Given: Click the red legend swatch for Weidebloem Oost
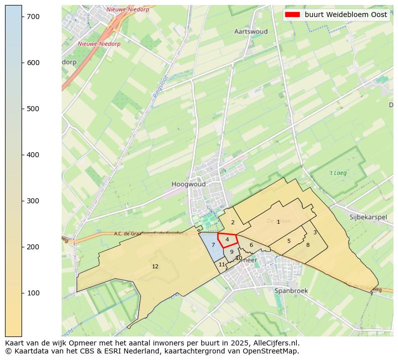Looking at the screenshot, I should coord(292,15).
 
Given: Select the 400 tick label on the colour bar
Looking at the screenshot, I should coord(33,155).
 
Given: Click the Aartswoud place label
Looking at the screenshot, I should coord(251,32).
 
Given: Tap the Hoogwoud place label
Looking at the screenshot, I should coord(188,184).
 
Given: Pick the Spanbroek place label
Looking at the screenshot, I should coord(291,290).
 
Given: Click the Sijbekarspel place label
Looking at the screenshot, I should coord(368,217).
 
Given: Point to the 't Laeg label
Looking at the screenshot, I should coord(338,173).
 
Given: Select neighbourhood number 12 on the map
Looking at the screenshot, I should coord(155,266).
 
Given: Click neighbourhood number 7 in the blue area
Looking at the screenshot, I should coord(214,245).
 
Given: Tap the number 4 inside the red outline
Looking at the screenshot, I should coord(228,240).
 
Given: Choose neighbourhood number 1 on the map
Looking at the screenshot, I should coord(279,222).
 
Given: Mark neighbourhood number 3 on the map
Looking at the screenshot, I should coord(315,232).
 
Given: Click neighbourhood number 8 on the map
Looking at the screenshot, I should coord(308,245).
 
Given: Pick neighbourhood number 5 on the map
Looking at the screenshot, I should coord(289,241).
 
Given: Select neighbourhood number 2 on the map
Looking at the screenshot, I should coord(233,222).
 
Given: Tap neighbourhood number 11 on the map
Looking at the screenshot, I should coord(222,264).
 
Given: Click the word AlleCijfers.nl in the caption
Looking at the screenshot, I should coord(278,343).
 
